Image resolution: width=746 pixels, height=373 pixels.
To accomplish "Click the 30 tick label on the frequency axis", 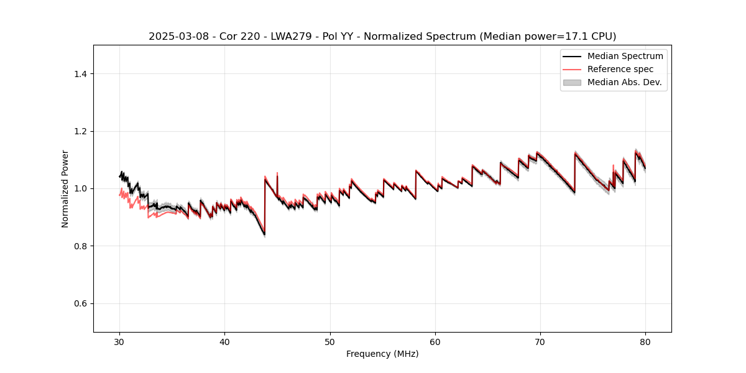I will pos(119,341).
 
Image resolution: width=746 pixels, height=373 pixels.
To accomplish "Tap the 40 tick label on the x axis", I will pos(224,341).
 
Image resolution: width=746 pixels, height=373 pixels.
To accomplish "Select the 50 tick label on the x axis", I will pos(329,341).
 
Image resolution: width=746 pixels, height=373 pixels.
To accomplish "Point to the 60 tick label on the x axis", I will pos(435,341).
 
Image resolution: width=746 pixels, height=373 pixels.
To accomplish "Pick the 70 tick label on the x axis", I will pos(540,341).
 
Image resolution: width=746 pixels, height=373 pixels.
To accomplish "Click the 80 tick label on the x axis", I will pos(645,341).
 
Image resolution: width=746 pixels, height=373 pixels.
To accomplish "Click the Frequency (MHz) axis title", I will pos(382,354).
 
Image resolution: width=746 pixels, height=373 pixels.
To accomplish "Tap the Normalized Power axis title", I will pos(65,188).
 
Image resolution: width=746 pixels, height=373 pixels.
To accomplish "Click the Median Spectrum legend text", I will pos(625,56).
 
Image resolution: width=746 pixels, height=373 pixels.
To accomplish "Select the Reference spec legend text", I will pos(620,69).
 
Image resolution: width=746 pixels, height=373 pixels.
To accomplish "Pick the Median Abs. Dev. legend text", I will pos(624,82).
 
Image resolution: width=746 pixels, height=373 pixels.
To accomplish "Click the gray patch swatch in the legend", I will pos(571,82).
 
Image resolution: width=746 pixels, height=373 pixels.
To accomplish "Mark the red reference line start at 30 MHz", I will pos(120,195).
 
